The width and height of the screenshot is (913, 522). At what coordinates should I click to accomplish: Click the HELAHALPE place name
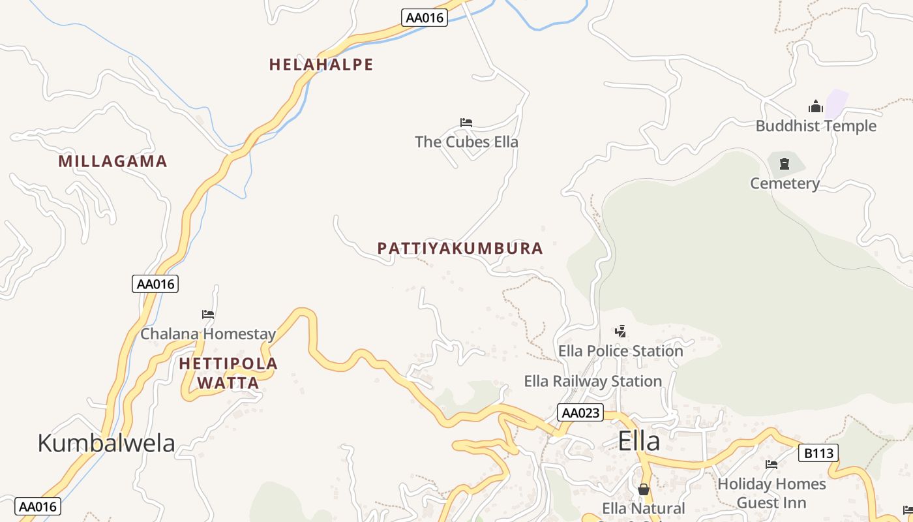[321, 65]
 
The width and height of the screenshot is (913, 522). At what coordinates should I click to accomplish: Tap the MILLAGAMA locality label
[113, 161]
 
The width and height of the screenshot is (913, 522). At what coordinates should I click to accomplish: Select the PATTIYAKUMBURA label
[460, 249]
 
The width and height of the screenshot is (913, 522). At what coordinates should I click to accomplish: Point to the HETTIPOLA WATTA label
[228, 373]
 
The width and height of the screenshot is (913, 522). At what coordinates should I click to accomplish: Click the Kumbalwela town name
[106, 443]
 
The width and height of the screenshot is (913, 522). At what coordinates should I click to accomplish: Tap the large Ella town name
[638, 441]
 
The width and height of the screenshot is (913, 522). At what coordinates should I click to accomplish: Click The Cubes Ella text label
[466, 142]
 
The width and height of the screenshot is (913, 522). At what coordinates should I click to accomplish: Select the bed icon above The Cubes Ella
[466, 123]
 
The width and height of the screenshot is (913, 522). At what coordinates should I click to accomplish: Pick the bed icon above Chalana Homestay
[208, 315]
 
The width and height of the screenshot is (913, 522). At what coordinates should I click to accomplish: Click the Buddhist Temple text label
[816, 126]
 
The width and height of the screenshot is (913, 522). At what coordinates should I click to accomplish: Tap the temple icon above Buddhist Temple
[815, 107]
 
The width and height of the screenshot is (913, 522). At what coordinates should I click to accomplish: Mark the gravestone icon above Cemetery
[784, 164]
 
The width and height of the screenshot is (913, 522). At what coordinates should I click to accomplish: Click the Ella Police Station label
[620, 351]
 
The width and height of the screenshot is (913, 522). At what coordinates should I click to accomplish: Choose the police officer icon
[621, 331]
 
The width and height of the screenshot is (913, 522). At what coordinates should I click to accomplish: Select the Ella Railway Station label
[593, 381]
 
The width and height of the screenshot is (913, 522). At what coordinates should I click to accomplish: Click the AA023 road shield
[580, 413]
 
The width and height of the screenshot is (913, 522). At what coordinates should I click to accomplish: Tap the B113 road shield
[818, 453]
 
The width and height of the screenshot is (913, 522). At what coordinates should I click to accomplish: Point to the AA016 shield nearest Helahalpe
[425, 18]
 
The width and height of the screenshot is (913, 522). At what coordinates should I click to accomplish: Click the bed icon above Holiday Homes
[771, 465]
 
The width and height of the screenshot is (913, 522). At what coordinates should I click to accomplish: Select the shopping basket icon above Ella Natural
[644, 489]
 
